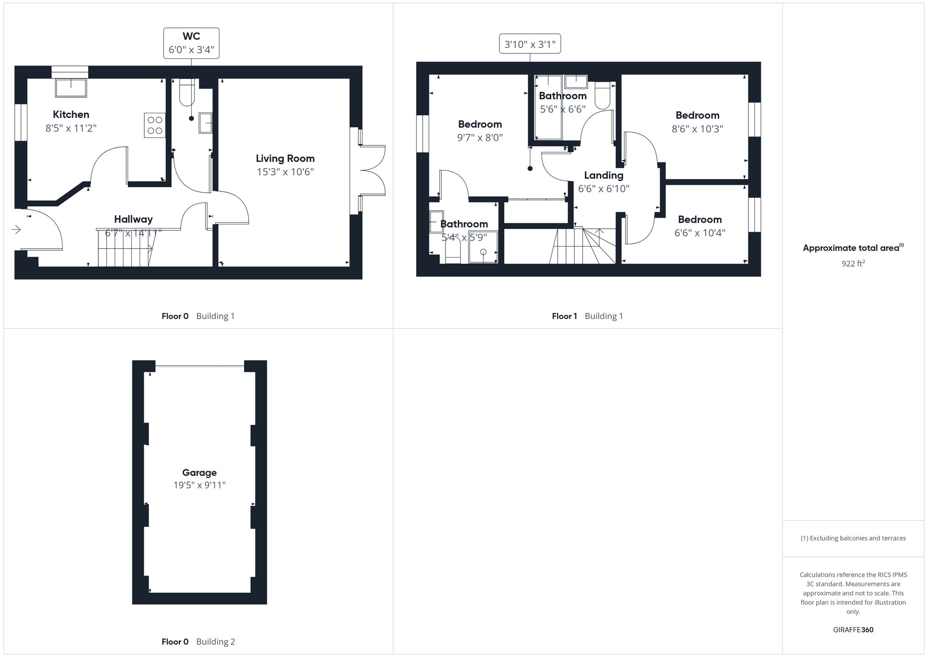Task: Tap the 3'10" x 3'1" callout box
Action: pyautogui.click(x=530, y=45)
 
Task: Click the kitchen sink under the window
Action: pyautogui.click(x=71, y=88)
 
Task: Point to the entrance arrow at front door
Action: pyautogui.click(x=16, y=229)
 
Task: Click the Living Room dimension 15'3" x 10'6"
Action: pyautogui.click(x=285, y=172)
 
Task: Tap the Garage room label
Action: pyautogui.click(x=199, y=473)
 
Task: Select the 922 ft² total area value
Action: pyautogui.click(x=853, y=264)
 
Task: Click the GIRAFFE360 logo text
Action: pyautogui.click(x=853, y=630)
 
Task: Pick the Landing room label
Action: pyautogui.click(x=603, y=176)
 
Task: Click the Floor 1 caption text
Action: pyautogui.click(x=564, y=316)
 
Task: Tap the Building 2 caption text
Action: pyautogui.click(x=215, y=642)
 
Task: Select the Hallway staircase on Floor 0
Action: pyautogui.click(x=124, y=248)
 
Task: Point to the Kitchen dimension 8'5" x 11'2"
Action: pyautogui.click(x=71, y=128)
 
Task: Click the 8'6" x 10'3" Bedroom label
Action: pyautogui.click(x=697, y=116)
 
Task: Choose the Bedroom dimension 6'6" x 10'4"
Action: pyautogui.click(x=699, y=233)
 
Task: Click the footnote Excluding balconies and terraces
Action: pyautogui.click(x=853, y=538)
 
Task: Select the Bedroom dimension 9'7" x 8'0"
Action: pyautogui.click(x=480, y=137)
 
